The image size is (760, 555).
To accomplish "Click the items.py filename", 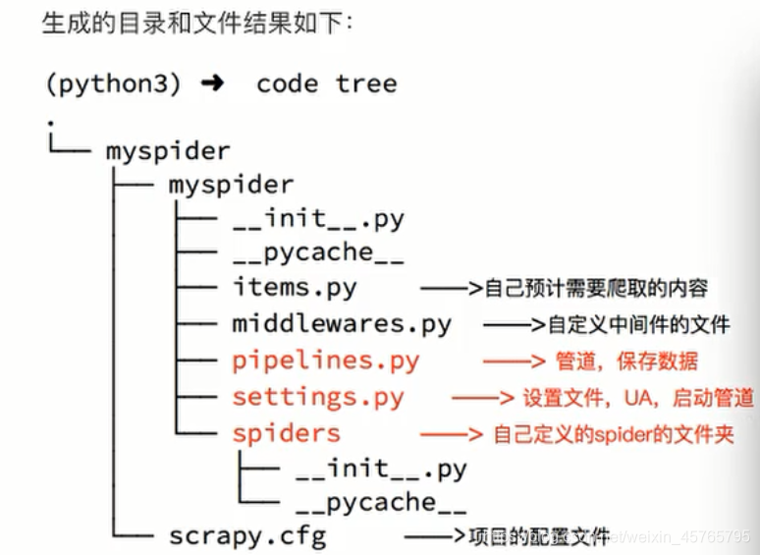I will click(x=295, y=289).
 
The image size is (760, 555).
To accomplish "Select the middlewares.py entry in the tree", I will click(x=342, y=324).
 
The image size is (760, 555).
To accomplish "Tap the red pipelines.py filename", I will click(x=326, y=361).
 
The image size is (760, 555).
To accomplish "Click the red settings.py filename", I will click(x=318, y=397).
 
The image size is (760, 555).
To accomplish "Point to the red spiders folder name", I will click(x=287, y=433).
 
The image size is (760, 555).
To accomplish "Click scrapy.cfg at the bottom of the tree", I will click(x=247, y=536).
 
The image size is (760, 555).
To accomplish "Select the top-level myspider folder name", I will click(x=168, y=151).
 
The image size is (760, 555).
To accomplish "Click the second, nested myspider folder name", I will click(x=231, y=184).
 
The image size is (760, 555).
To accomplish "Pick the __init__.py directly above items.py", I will click(x=318, y=218).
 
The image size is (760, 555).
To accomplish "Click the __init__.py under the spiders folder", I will click(x=381, y=468).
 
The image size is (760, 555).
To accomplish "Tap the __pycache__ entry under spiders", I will click(x=381, y=502).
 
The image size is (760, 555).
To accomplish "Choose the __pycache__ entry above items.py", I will click(x=318, y=252).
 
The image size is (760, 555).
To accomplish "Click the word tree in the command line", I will click(x=366, y=83).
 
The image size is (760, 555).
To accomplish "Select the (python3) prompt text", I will click(x=113, y=83).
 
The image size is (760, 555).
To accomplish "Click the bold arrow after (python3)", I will click(x=211, y=83).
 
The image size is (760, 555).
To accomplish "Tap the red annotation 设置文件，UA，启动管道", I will click(x=638, y=397).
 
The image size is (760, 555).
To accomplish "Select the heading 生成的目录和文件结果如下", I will click(x=197, y=23).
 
